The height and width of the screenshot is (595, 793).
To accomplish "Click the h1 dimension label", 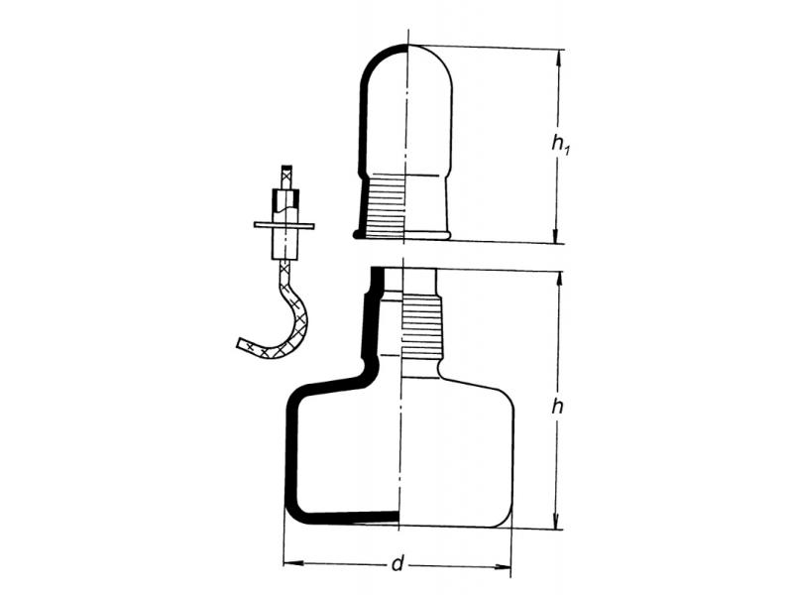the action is click(560, 144).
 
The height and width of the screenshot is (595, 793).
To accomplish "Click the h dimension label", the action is click(557, 406).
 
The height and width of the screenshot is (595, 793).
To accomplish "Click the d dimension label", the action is click(398, 563).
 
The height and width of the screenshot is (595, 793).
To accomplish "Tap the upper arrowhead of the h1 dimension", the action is click(558, 59).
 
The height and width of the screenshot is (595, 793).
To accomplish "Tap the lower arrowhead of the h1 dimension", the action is click(556, 233).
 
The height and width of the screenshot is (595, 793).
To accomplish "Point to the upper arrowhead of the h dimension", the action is click(559, 282).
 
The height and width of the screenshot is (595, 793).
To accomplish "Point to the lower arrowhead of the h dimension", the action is click(556, 519).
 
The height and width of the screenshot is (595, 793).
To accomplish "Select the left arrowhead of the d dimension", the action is click(293, 562).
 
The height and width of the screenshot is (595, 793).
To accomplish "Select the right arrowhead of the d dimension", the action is click(502, 567).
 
